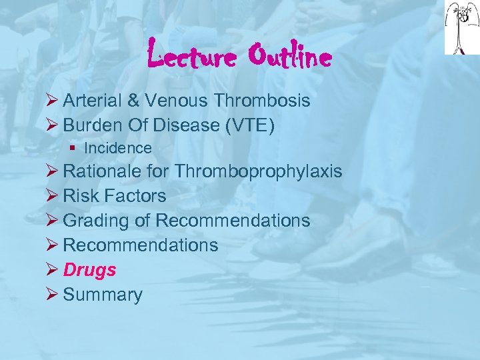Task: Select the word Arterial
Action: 92,101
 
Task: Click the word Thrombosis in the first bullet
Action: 262,101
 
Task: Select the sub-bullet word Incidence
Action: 118,148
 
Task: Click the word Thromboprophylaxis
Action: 259,172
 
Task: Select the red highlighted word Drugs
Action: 89,270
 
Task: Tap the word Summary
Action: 103,295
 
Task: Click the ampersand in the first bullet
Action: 133,101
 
